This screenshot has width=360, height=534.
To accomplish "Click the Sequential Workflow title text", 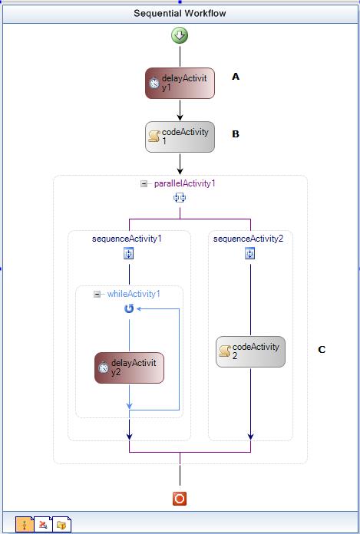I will coord(180,13).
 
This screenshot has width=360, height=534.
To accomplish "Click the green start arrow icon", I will coord(180,36).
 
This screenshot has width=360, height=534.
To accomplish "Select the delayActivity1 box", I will coord(180,83).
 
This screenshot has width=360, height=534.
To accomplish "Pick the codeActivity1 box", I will coord(180,137).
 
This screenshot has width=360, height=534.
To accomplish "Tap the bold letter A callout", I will coord(236,77).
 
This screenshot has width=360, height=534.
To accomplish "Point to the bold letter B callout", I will coord(236,133).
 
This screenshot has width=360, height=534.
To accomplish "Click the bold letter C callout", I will coord(322,350).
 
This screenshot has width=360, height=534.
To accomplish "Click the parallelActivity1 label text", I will coord(184,183).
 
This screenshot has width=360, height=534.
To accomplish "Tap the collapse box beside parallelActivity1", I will coord(144,184).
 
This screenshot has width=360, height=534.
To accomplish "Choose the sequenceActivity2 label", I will coord(249,239).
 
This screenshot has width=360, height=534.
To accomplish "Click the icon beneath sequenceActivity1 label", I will coord(129,254).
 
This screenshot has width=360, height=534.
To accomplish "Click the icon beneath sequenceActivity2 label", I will coord(249,254).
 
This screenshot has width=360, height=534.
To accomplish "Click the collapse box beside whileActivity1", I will coord(97,294).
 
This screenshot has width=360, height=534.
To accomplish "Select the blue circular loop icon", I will coord(129,308).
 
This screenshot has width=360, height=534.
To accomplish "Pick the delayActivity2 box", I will coord(129,368).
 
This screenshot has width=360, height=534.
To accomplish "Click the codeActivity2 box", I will coord(249,351).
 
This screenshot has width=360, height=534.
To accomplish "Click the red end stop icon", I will coord(180,499).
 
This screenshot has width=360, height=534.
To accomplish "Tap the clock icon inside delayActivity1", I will coord(154,84).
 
